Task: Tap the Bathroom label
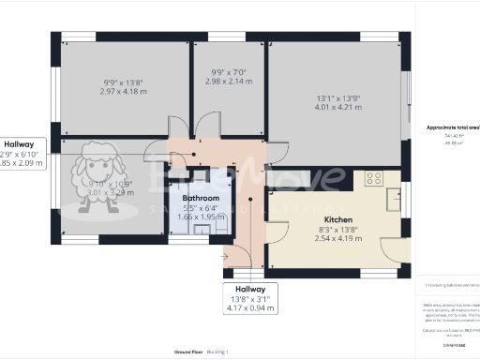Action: coord(201,199)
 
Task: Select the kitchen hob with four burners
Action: coord(373,177)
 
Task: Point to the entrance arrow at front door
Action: coord(224,254)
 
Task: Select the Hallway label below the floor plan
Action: coord(250,289)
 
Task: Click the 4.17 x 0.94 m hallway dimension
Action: coord(250,308)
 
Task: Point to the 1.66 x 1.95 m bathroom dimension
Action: coord(201,217)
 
